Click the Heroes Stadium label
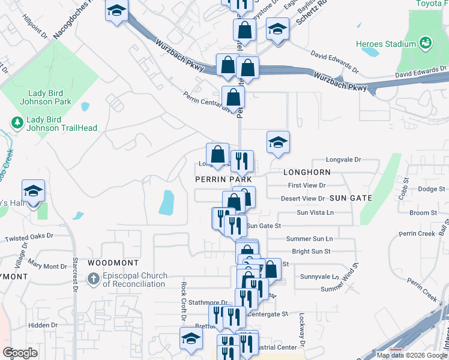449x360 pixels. (394, 44)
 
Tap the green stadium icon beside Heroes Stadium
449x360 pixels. (426, 43)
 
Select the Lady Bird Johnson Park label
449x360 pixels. (50, 97)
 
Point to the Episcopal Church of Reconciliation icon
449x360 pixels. (94, 279)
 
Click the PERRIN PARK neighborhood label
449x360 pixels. (222, 179)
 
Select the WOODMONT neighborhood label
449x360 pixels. (113, 263)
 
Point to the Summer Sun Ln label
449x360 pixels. (309, 239)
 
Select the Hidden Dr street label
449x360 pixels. (43, 325)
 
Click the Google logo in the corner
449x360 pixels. (20, 352)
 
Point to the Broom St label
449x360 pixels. (423, 213)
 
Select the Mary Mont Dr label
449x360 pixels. (47, 266)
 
